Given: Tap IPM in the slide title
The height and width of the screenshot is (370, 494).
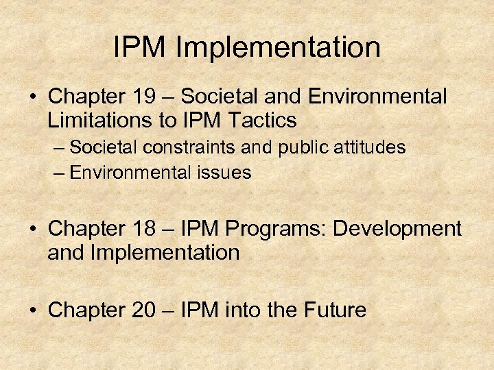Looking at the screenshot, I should (141, 47).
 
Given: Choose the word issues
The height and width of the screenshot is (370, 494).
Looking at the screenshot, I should (226, 172).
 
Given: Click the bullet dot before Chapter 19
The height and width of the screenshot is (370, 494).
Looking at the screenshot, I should (34, 97).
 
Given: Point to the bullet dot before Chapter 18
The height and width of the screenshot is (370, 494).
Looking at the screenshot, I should (34, 229).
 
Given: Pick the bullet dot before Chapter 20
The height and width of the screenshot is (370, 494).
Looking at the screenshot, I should (34, 310).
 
